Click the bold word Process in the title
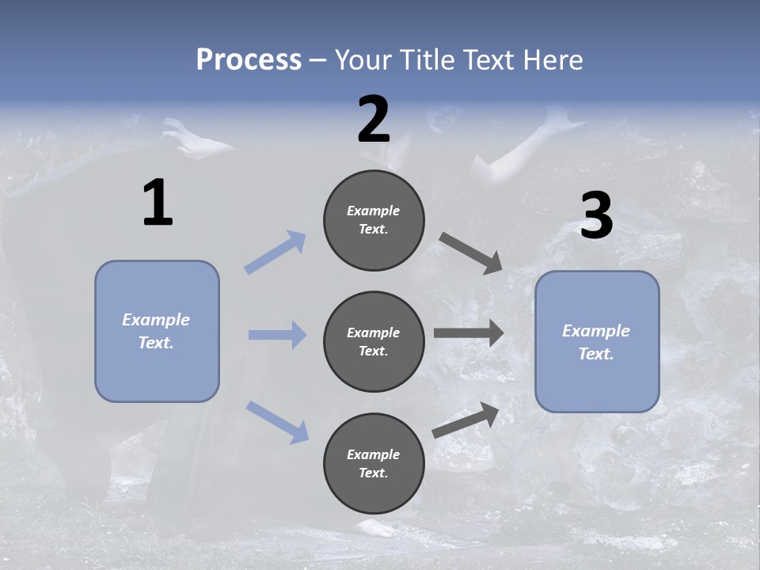pos(249,60)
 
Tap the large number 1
pos(158,203)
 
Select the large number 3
pos(596,216)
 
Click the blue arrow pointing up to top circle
pos(275,252)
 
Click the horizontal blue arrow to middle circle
pos(277,335)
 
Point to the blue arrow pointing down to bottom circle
pos(277,421)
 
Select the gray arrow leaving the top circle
pos(472,253)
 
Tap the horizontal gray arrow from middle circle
pos(469,333)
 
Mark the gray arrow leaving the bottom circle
pos(466,420)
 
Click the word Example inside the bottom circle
pos(373,454)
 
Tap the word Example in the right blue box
pos(596,331)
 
